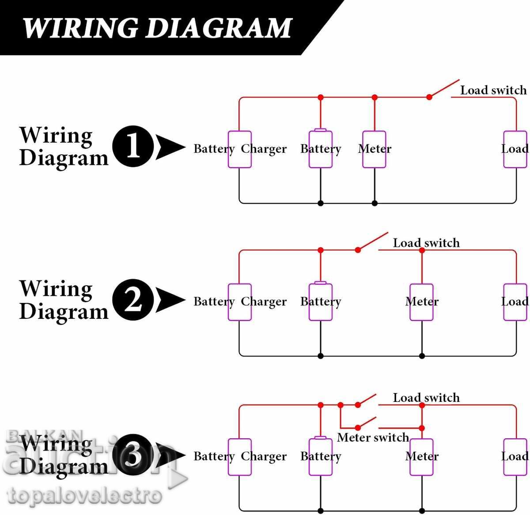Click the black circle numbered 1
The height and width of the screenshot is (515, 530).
coord(133,147)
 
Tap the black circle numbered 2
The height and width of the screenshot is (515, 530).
coord(133,300)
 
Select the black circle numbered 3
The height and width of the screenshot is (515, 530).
coord(133,455)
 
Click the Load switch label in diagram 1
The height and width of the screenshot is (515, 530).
coord(493,90)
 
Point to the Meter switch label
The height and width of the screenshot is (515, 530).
coord(373,437)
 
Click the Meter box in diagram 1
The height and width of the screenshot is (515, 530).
coord(374,149)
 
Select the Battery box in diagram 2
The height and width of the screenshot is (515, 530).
coord(321,302)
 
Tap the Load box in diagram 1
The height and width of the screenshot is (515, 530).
coord(515,149)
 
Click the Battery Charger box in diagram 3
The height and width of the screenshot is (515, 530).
coord(240,457)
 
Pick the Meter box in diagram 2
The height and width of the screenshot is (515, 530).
coord(422,302)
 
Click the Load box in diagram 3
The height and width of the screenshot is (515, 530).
coord(515,457)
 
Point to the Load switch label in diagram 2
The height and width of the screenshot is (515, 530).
coord(426,243)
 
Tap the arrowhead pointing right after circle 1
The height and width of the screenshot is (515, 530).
coord(170,147)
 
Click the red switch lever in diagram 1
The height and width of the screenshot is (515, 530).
coord(444,88)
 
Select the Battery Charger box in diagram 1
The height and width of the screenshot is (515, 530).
coord(240,149)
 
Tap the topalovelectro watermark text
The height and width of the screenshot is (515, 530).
coord(84,496)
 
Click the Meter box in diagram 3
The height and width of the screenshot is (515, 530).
coord(422,457)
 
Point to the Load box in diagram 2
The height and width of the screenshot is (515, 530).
coord(515,302)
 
